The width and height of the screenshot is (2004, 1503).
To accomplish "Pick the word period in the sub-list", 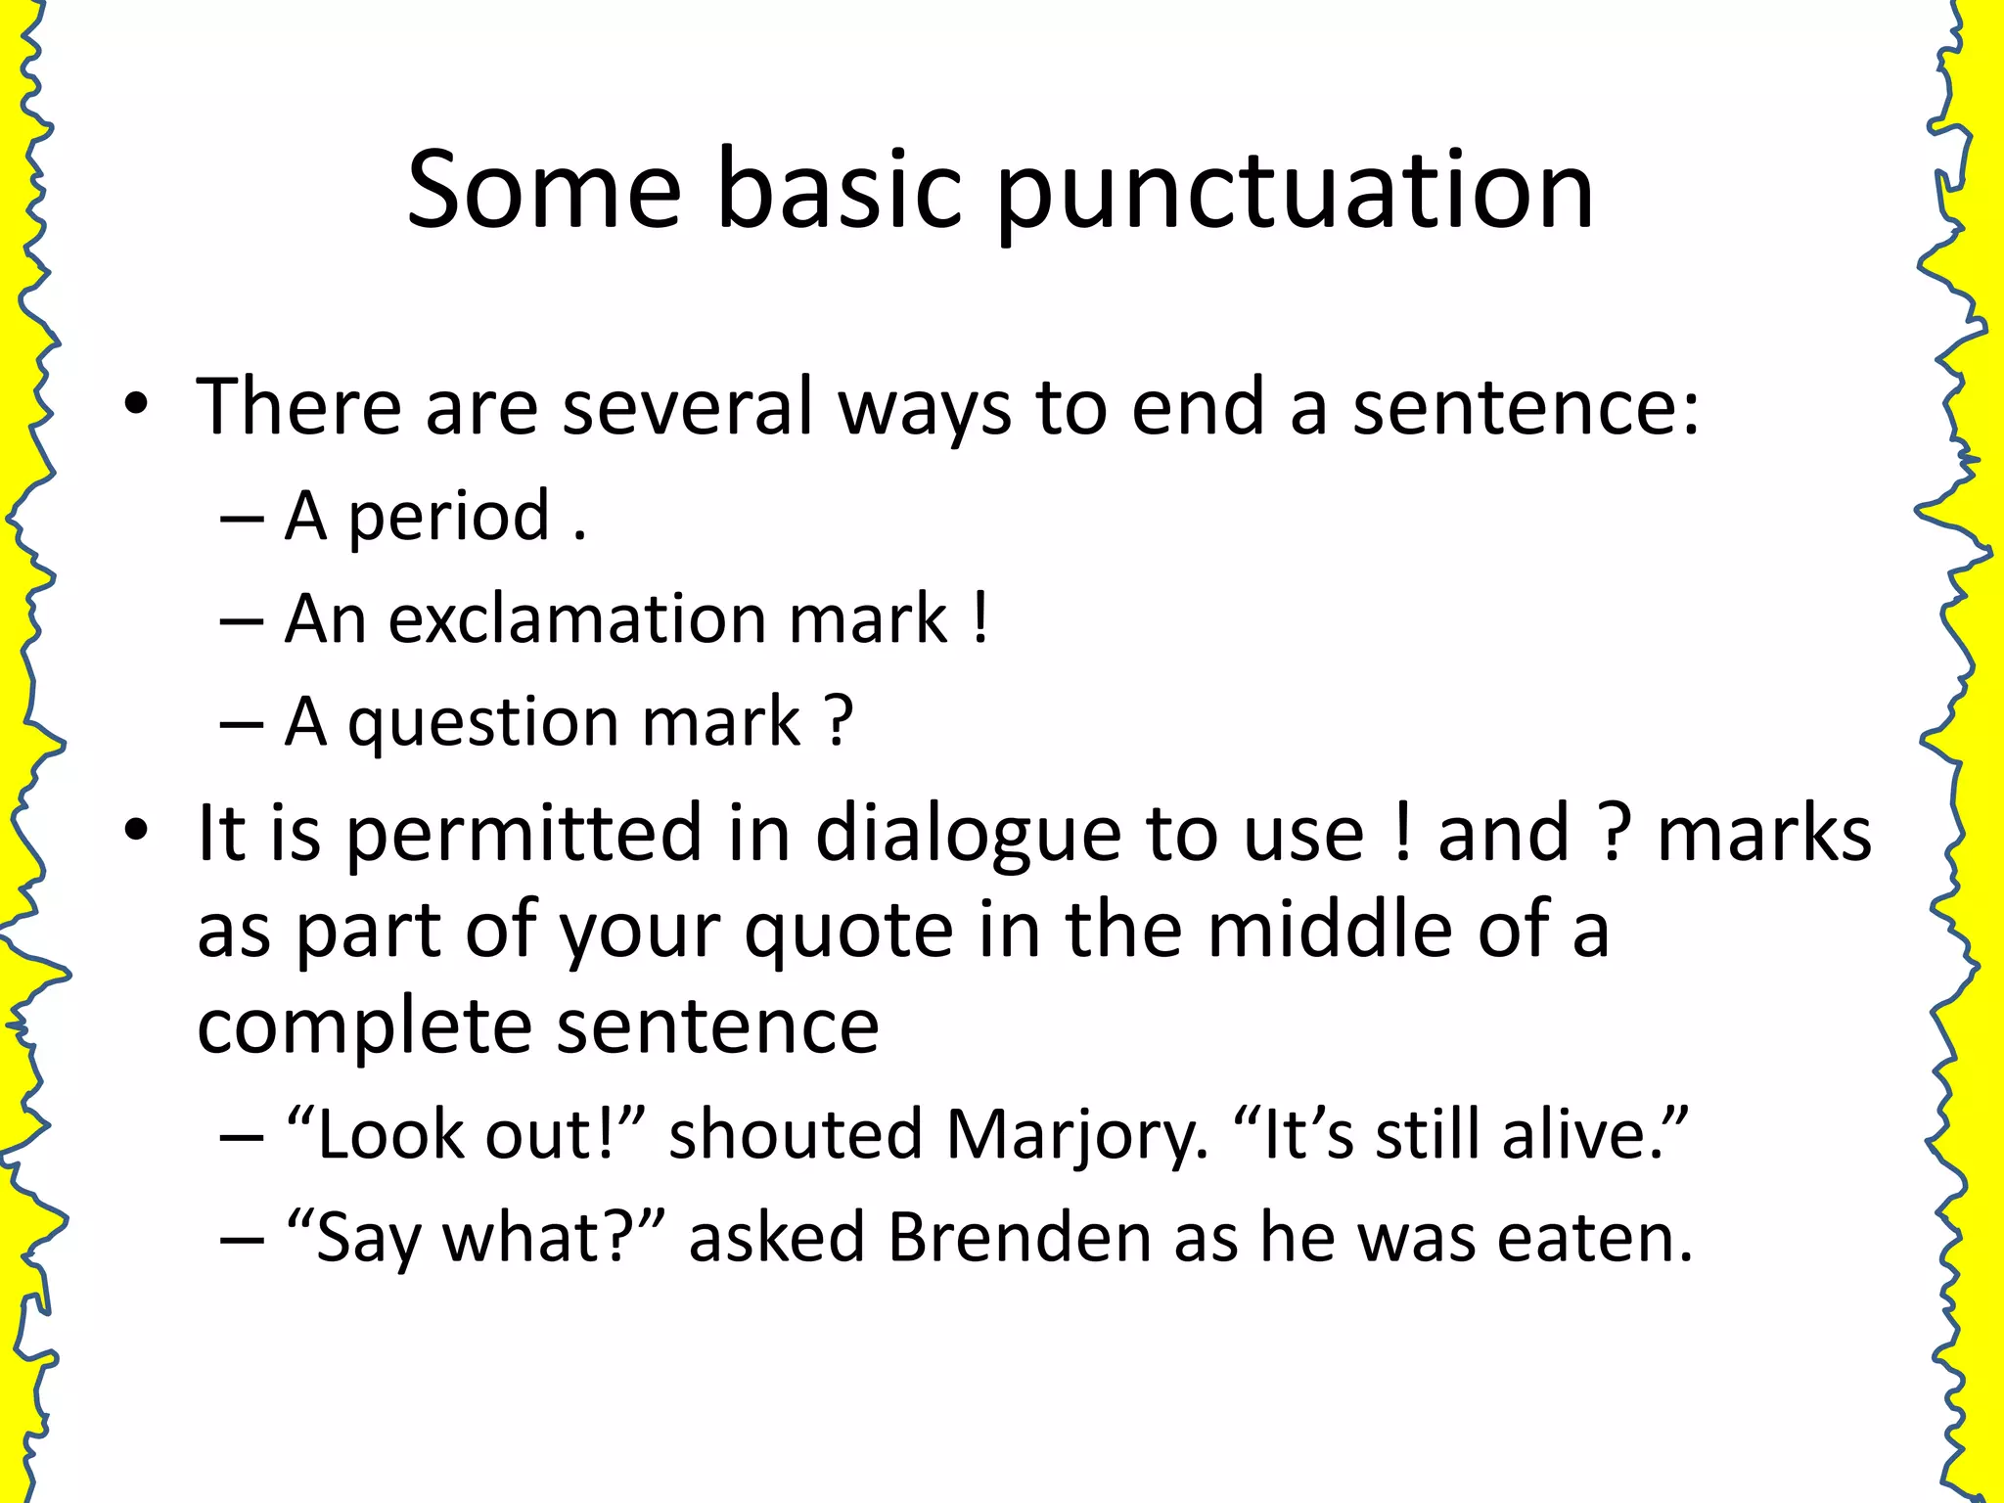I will (x=449, y=517).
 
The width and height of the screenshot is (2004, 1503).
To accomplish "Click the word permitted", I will (x=524, y=835).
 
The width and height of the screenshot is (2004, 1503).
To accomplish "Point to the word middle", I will (x=1330, y=929).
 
